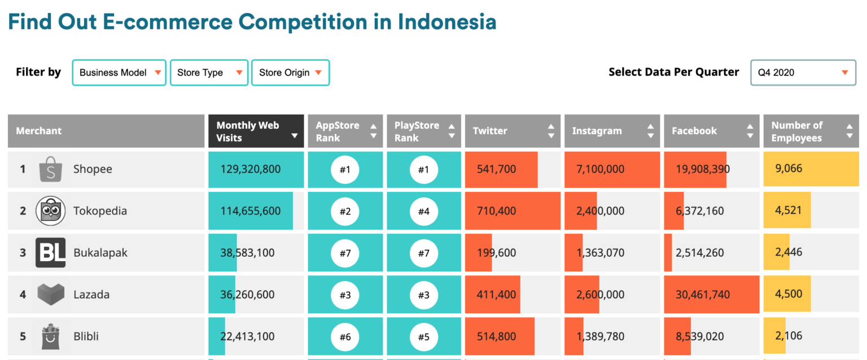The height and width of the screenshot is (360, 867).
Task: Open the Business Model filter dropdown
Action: (x=119, y=73)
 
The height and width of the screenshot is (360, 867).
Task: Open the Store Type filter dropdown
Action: (x=209, y=73)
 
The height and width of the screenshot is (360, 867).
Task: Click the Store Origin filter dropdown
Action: (x=290, y=73)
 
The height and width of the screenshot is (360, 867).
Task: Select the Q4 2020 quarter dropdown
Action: (x=803, y=73)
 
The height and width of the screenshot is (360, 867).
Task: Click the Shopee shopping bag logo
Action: (x=51, y=169)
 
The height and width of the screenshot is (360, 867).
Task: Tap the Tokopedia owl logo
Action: (x=51, y=211)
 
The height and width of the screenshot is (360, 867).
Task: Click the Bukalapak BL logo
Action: (x=51, y=253)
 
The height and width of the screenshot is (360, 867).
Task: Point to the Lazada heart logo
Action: (x=51, y=295)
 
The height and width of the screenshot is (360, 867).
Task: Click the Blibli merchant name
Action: (x=86, y=336)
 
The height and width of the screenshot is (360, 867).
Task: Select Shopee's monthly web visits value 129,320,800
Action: (x=251, y=169)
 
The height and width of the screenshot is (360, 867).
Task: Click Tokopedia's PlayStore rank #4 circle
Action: (x=423, y=211)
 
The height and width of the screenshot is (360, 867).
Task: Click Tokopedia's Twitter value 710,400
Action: (x=496, y=211)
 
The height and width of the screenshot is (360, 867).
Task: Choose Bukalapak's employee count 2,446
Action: (x=789, y=253)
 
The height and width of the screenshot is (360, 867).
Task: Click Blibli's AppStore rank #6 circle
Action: (x=345, y=336)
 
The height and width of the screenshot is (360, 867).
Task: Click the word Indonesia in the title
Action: (x=447, y=22)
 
